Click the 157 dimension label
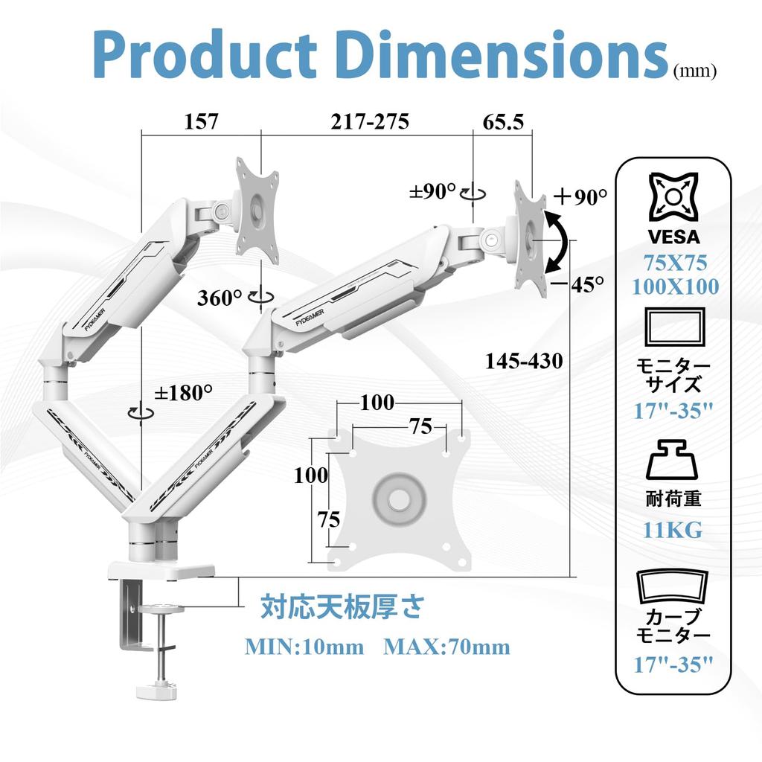[x=202, y=121]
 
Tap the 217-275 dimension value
[x=370, y=121]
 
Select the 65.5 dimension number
[x=504, y=122]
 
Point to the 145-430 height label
[x=524, y=361]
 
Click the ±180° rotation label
[x=183, y=393]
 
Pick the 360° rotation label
[x=220, y=298]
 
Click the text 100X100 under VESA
[x=675, y=286]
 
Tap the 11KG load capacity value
[x=673, y=530]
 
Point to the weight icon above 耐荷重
[x=672, y=460]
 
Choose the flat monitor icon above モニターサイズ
[x=674, y=326]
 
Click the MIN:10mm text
[x=304, y=647]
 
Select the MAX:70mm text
[x=446, y=647]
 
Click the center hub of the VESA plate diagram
[x=400, y=498]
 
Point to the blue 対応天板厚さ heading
[x=342, y=607]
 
